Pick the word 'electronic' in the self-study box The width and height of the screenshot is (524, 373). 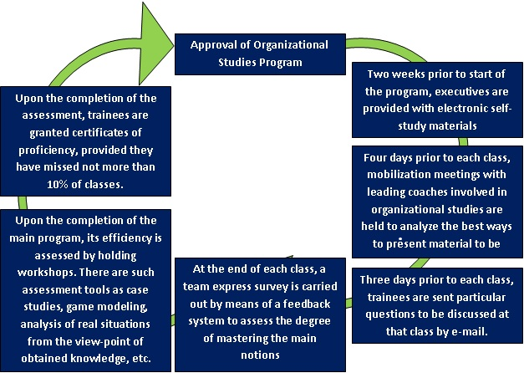(x=413, y=110)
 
